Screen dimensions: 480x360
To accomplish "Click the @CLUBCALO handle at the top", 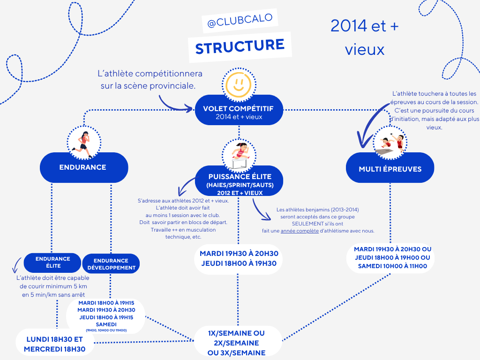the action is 240,20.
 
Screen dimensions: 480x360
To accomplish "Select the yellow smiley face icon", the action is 239,84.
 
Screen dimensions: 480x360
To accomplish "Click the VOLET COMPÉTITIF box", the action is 239,110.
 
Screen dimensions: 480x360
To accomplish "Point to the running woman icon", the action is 83,144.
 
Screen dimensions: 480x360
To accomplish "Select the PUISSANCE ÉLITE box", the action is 239,181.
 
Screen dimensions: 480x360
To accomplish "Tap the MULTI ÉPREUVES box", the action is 390,168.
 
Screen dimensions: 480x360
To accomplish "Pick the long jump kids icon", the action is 390,143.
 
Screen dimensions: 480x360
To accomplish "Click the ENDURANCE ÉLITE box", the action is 52,262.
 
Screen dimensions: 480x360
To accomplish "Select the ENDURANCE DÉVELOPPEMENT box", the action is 111,263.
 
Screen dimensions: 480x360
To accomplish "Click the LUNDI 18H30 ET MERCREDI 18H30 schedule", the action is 55,344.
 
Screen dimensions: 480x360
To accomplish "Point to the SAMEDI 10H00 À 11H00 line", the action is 392,266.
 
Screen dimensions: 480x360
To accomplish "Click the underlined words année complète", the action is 300,231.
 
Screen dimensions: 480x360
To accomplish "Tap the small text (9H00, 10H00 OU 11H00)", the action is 106,330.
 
